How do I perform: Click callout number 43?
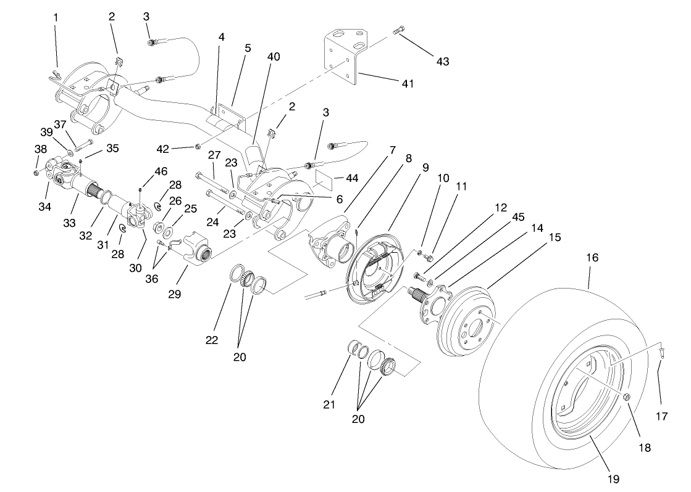click(442, 61)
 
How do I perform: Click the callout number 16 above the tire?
click(592, 258)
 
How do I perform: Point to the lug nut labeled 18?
click(625, 396)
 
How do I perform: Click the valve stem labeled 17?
click(660, 353)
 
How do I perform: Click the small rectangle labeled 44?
click(324, 178)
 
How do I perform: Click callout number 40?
click(274, 56)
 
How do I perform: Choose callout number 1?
click(56, 18)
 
